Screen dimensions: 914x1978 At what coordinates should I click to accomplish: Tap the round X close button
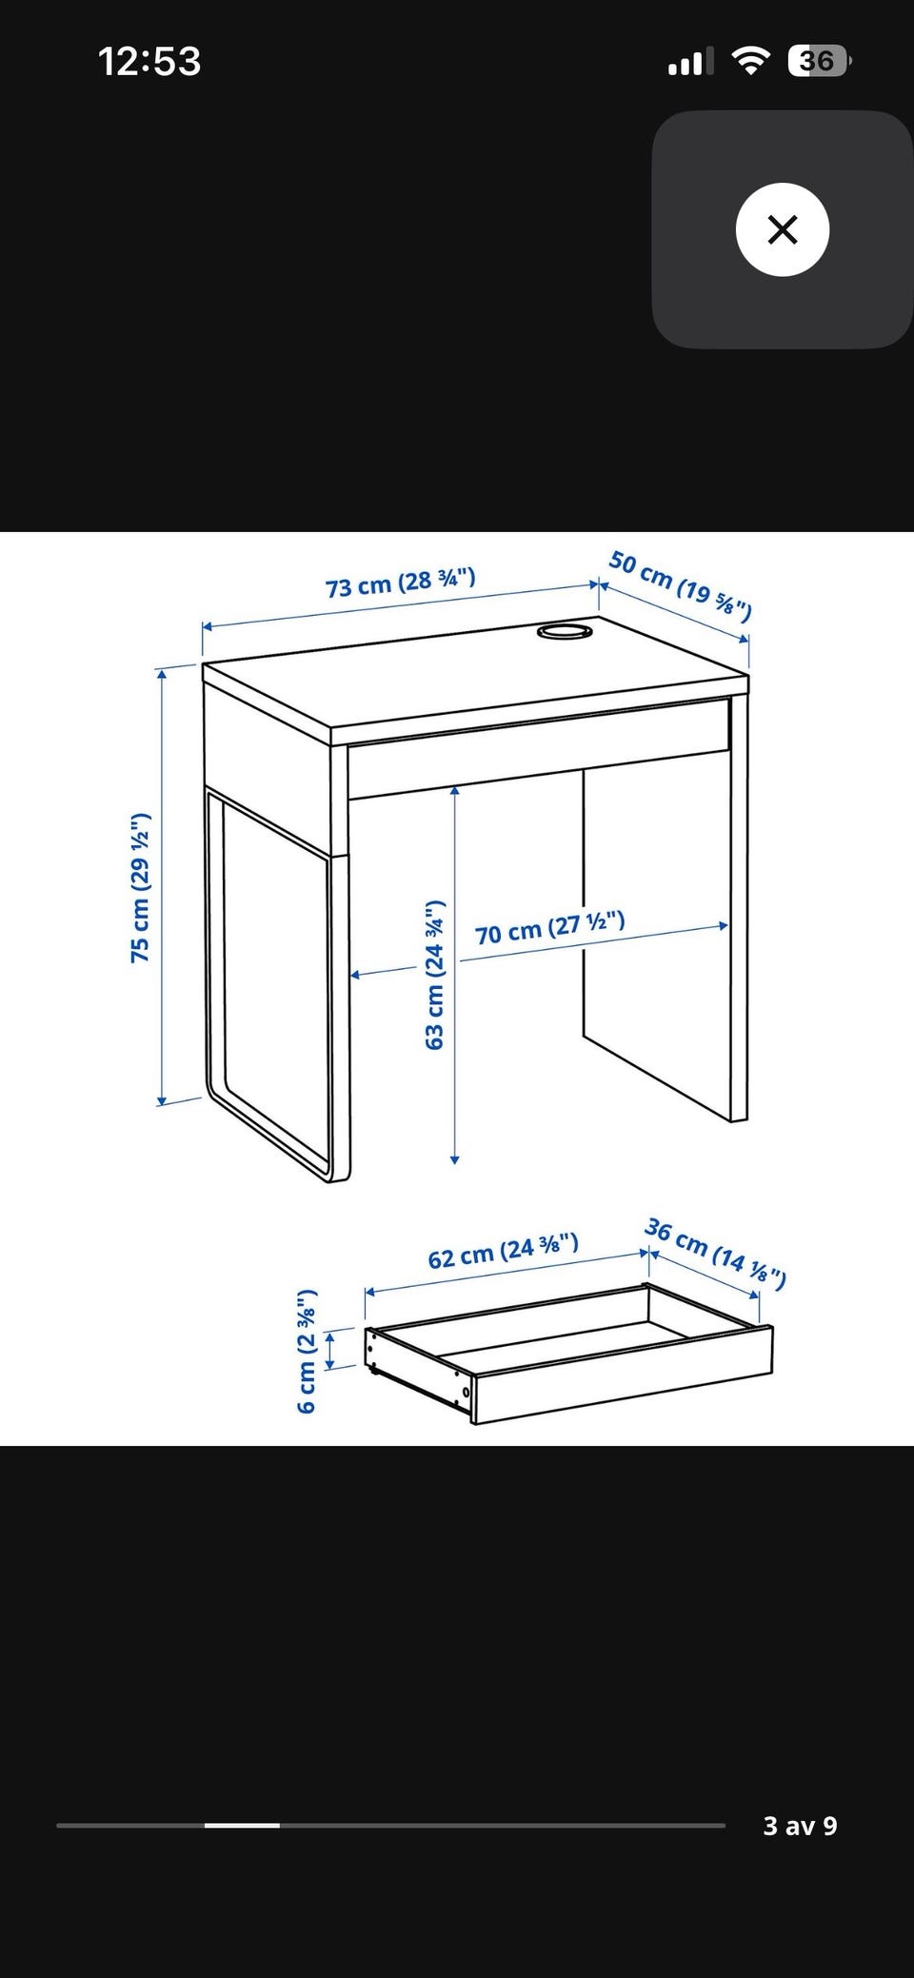click(x=783, y=229)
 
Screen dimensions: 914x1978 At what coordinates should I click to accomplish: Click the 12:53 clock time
click(x=149, y=62)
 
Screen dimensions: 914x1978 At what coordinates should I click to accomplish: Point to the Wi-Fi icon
click(x=751, y=62)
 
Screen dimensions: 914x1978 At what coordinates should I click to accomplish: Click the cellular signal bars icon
click(x=691, y=63)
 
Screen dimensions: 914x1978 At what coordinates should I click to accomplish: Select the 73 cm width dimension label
click(x=401, y=582)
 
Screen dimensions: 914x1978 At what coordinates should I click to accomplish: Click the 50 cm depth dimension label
click(x=681, y=584)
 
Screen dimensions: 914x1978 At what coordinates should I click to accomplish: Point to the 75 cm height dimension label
click(x=141, y=888)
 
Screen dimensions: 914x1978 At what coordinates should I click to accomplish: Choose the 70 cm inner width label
click(x=550, y=927)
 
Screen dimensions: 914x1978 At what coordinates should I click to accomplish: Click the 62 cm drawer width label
click(x=503, y=1251)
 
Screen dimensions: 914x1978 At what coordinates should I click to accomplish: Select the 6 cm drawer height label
click(x=307, y=1352)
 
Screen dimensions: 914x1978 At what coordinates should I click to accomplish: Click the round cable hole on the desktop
click(x=565, y=631)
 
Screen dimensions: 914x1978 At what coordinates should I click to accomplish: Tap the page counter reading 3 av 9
click(x=800, y=1826)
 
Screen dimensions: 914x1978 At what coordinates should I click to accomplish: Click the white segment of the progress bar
click(x=242, y=1826)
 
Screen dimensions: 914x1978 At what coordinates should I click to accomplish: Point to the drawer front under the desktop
click(x=539, y=748)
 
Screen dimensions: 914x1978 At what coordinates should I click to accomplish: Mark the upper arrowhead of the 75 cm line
click(x=163, y=674)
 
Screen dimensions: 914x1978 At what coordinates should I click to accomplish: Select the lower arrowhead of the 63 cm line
click(x=455, y=1158)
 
